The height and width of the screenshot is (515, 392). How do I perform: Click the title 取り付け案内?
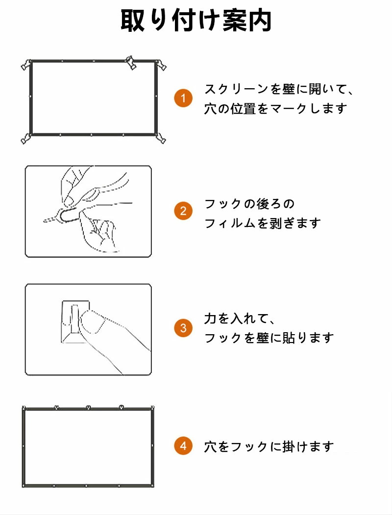(x=196, y=21)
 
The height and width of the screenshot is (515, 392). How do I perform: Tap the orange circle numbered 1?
(x=183, y=98)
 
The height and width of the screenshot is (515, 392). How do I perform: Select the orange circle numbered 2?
(x=183, y=211)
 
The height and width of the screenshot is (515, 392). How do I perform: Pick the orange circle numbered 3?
(x=183, y=328)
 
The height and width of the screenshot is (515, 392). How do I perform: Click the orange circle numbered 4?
(x=183, y=446)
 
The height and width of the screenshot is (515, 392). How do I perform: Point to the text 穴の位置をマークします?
(x=275, y=108)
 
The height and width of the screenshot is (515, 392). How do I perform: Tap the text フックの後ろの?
(x=249, y=204)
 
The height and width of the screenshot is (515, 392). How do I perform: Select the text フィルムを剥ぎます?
(x=263, y=223)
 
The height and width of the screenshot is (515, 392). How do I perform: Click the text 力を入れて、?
(x=240, y=319)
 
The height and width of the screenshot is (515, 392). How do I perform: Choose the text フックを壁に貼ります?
(x=269, y=338)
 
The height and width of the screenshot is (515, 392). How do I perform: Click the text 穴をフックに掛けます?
(x=269, y=446)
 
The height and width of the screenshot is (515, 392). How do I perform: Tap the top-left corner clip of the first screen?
(x=26, y=64)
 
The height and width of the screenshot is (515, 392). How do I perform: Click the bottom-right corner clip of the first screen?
(x=161, y=138)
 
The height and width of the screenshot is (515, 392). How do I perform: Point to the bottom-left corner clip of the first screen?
(x=26, y=139)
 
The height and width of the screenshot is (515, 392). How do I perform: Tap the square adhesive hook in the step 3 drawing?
(x=75, y=321)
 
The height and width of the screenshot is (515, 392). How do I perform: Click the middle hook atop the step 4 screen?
(x=88, y=407)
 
